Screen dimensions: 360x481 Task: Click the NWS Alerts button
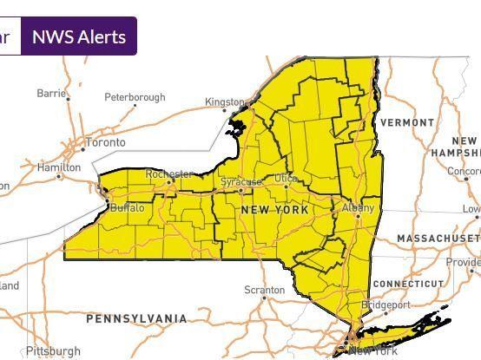79,36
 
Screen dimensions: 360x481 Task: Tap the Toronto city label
106,142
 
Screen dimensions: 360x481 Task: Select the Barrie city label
52,93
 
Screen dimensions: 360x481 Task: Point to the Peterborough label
135,97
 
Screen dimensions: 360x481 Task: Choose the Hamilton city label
59,167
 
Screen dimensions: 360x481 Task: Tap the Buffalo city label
128,208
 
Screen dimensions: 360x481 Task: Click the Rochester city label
168,174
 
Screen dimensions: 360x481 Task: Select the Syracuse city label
240,182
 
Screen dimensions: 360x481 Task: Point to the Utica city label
286,178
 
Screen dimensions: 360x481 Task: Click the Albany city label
358,208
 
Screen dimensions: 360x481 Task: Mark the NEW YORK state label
274,211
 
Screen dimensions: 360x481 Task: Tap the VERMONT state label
407,123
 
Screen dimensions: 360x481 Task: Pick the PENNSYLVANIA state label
136,319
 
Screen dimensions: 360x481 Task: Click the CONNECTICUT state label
407,285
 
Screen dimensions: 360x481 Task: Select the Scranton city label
264,289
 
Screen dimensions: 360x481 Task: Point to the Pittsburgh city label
53,351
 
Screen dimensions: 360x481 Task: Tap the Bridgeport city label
385,305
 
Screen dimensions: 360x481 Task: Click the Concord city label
465,171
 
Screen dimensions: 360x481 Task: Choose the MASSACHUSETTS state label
438,238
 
